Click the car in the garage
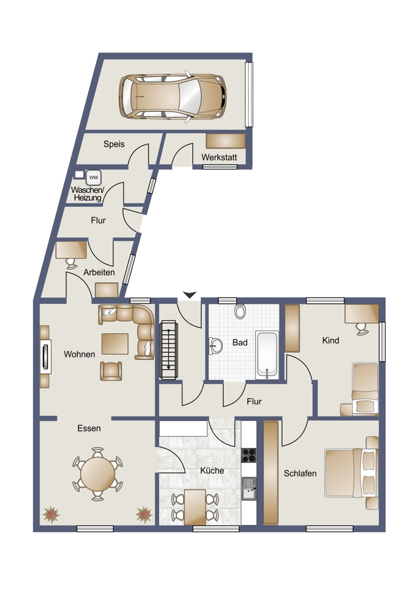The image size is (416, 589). point(173,96)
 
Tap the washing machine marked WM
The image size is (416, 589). point(93,177)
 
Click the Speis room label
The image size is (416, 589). point(114,144)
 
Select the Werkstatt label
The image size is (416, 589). point(219,157)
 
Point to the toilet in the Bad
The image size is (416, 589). point(240,311)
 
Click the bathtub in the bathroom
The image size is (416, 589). point(267,355)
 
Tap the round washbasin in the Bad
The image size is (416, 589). point(216,346)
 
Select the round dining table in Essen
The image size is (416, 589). point(98,474)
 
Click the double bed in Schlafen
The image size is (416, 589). point(351,472)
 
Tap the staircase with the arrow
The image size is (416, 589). point(169,350)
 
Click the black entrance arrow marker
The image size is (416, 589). point(190,295)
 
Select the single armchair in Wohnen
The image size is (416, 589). point(111,370)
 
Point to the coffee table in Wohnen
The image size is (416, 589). point(115,344)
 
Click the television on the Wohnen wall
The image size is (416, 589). point(46,356)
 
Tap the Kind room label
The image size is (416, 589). point(331,340)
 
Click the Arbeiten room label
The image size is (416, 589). point(99,272)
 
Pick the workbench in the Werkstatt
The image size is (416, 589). point(226,141)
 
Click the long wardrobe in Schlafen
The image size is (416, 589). point(270,472)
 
